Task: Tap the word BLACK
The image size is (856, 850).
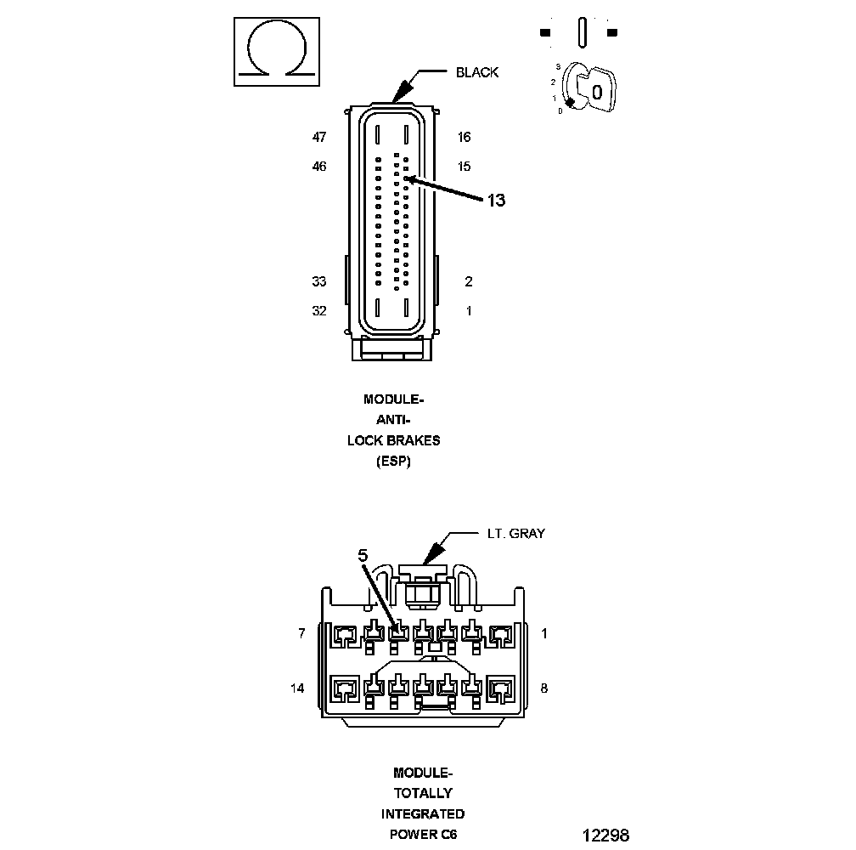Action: click(x=477, y=72)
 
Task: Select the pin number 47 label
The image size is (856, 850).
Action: click(x=319, y=137)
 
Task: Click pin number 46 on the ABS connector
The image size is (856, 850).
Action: click(x=319, y=167)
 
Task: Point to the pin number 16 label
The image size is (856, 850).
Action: click(x=464, y=137)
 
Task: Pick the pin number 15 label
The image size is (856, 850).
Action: click(x=464, y=167)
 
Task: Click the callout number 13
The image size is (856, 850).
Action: click(x=496, y=201)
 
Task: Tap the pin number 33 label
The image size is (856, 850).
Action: click(x=319, y=282)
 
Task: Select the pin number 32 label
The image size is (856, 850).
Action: click(x=319, y=311)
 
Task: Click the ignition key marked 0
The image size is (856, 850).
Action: click(x=594, y=90)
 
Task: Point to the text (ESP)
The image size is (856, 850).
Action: click(x=393, y=462)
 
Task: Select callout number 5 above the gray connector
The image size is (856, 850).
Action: click(x=363, y=555)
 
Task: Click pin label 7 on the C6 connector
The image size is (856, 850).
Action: click(x=301, y=633)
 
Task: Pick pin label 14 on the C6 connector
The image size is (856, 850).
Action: click(x=297, y=688)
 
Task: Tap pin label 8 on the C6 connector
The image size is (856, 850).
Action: click(x=543, y=688)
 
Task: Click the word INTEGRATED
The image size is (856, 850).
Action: click(x=422, y=813)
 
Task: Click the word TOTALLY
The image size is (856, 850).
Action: click(x=422, y=793)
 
